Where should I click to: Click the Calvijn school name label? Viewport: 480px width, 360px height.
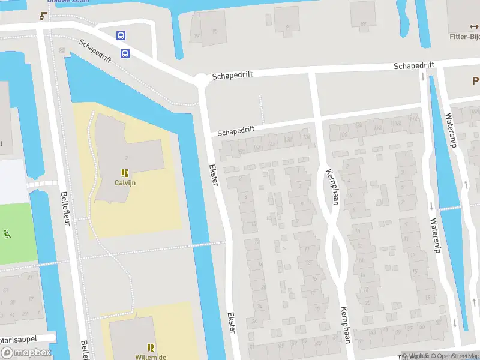point(126,182)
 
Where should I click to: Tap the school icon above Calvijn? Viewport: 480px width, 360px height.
point(126,172)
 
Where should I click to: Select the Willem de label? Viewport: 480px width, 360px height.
point(150,356)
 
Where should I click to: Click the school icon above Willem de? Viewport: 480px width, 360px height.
point(151,347)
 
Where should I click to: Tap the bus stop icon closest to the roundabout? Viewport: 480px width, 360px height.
point(125,54)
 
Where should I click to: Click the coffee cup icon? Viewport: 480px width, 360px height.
point(43,16)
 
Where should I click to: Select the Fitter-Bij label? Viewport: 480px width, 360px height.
point(464,36)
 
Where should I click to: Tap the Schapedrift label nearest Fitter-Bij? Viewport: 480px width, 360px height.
point(413,64)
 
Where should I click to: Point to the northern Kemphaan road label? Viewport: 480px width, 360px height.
point(332,187)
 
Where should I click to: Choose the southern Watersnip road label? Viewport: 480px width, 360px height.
point(434,235)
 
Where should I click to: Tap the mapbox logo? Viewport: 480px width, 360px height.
point(26,353)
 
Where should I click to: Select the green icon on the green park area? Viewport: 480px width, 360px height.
point(7,233)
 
